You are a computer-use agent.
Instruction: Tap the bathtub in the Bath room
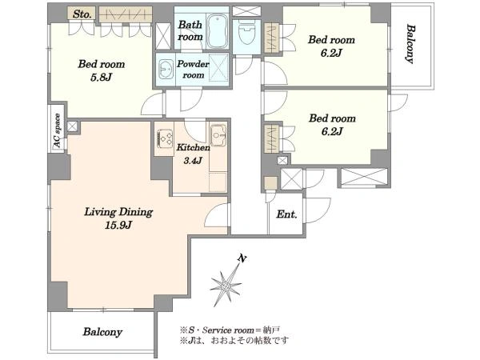[x=217, y=31]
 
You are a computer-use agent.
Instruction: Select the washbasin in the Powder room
[x=166, y=69]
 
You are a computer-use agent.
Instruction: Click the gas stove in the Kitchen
[x=164, y=138]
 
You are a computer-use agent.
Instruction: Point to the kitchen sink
[x=218, y=135]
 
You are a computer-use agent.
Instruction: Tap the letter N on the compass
[x=242, y=259]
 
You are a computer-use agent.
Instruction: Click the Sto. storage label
[x=82, y=14]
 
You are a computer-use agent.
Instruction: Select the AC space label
[x=58, y=130]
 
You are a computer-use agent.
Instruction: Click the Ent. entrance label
[x=286, y=214]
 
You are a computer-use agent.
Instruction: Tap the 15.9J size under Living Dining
[x=118, y=226]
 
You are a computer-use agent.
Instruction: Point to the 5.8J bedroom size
[x=101, y=78]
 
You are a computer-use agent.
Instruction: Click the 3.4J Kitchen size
[x=193, y=160]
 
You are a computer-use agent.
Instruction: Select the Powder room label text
[x=193, y=70]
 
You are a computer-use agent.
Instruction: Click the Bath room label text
[x=190, y=30]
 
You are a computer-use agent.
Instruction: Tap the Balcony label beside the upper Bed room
[x=410, y=44]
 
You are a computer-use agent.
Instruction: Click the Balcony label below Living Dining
[x=102, y=332]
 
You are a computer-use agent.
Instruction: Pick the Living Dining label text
[x=118, y=212]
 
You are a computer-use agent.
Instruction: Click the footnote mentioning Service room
[x=230, y=330]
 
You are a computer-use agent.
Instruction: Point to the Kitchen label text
[x=193, y=147]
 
